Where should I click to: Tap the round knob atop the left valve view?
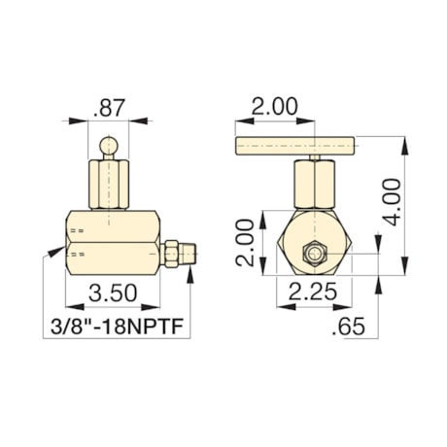pos(110,146)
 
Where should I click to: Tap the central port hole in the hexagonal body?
pos(316,255)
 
